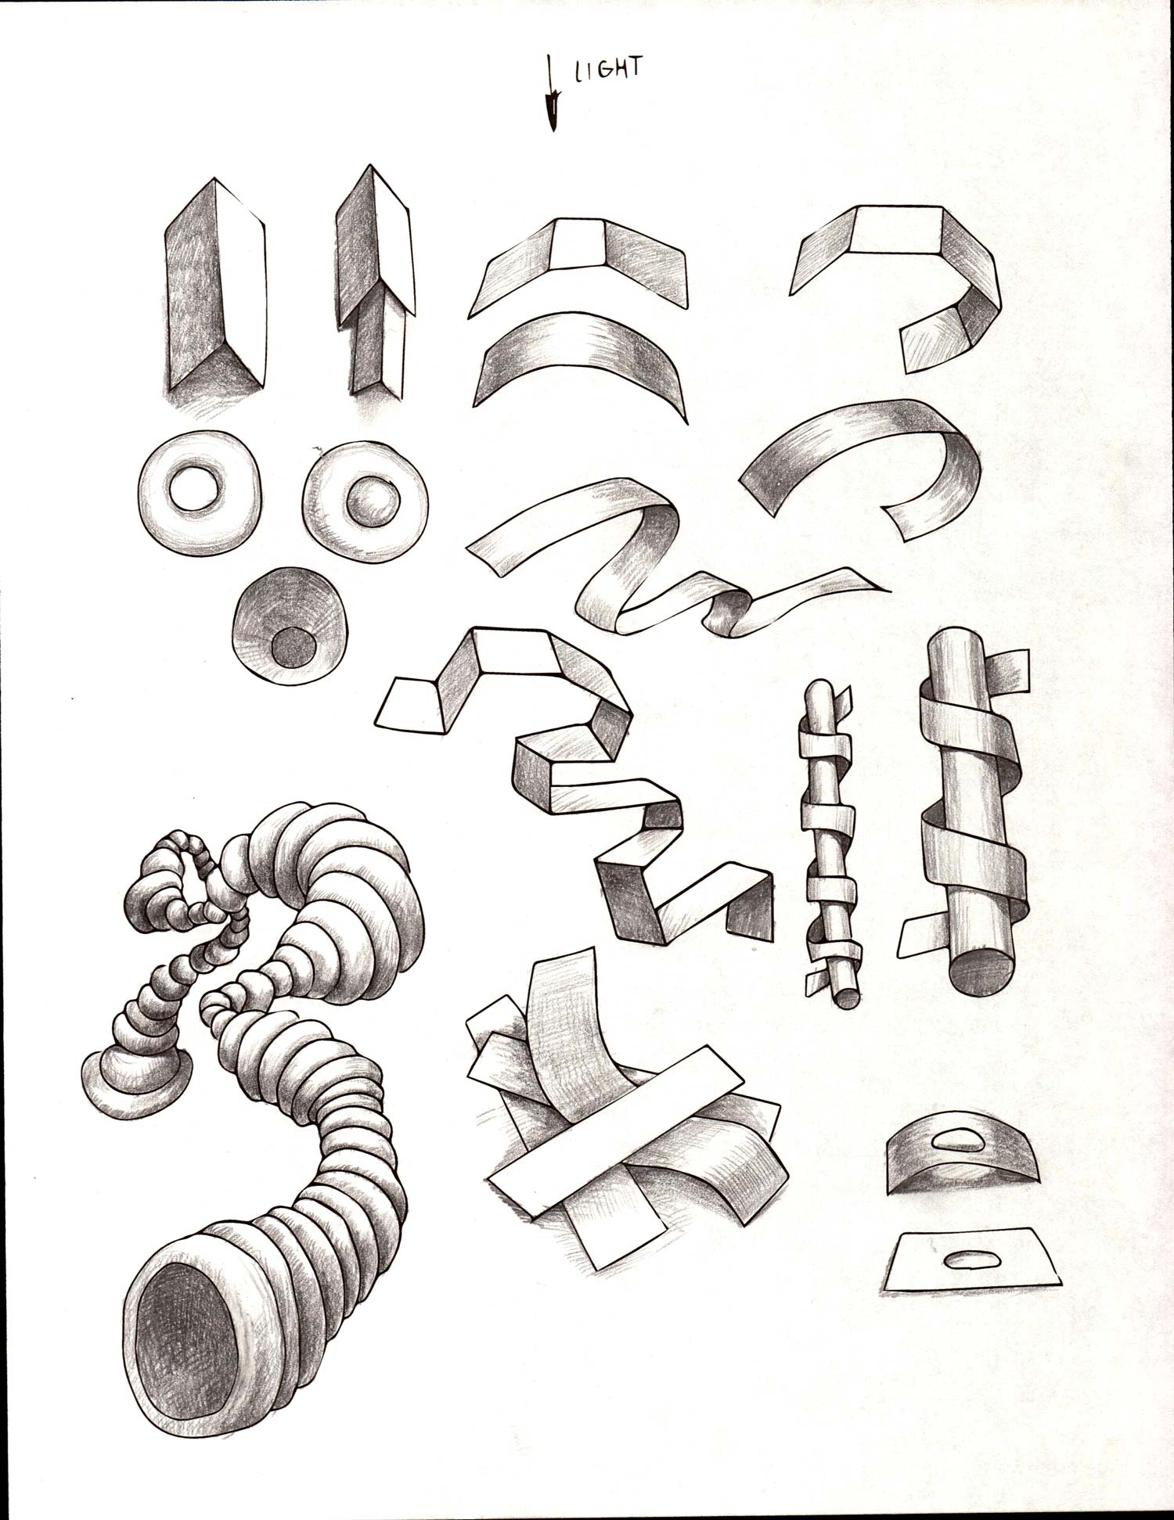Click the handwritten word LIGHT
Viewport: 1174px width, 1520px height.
pyautogui.click(x=608, y=70)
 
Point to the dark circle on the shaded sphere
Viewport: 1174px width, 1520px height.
pyautogui.click(x=293, y=646)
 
